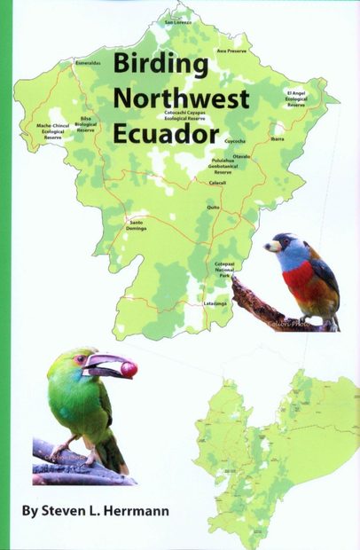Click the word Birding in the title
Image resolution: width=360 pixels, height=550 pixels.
pyautogui.click(x=160, y=66)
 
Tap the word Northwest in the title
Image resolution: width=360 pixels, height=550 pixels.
pyautogui.click(x=181, y=99)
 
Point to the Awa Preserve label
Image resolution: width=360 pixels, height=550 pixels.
pyautogui.click(x=231, y=51)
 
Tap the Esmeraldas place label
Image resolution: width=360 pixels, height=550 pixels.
pyautogui.click(x=90, y=64)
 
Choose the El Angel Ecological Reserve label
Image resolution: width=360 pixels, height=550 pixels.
pyautogui.click(x=295, y=98)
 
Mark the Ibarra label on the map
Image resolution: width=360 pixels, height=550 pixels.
pyautogui.click(x=278, y=138)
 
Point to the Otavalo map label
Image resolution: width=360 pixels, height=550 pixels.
pyautogui.click(x=241, y=156)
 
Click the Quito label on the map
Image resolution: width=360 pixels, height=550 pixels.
pyautogui.click(x=213, y=206)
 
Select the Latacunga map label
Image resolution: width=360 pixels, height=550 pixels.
pyautogui.click(x=215, y=303)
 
